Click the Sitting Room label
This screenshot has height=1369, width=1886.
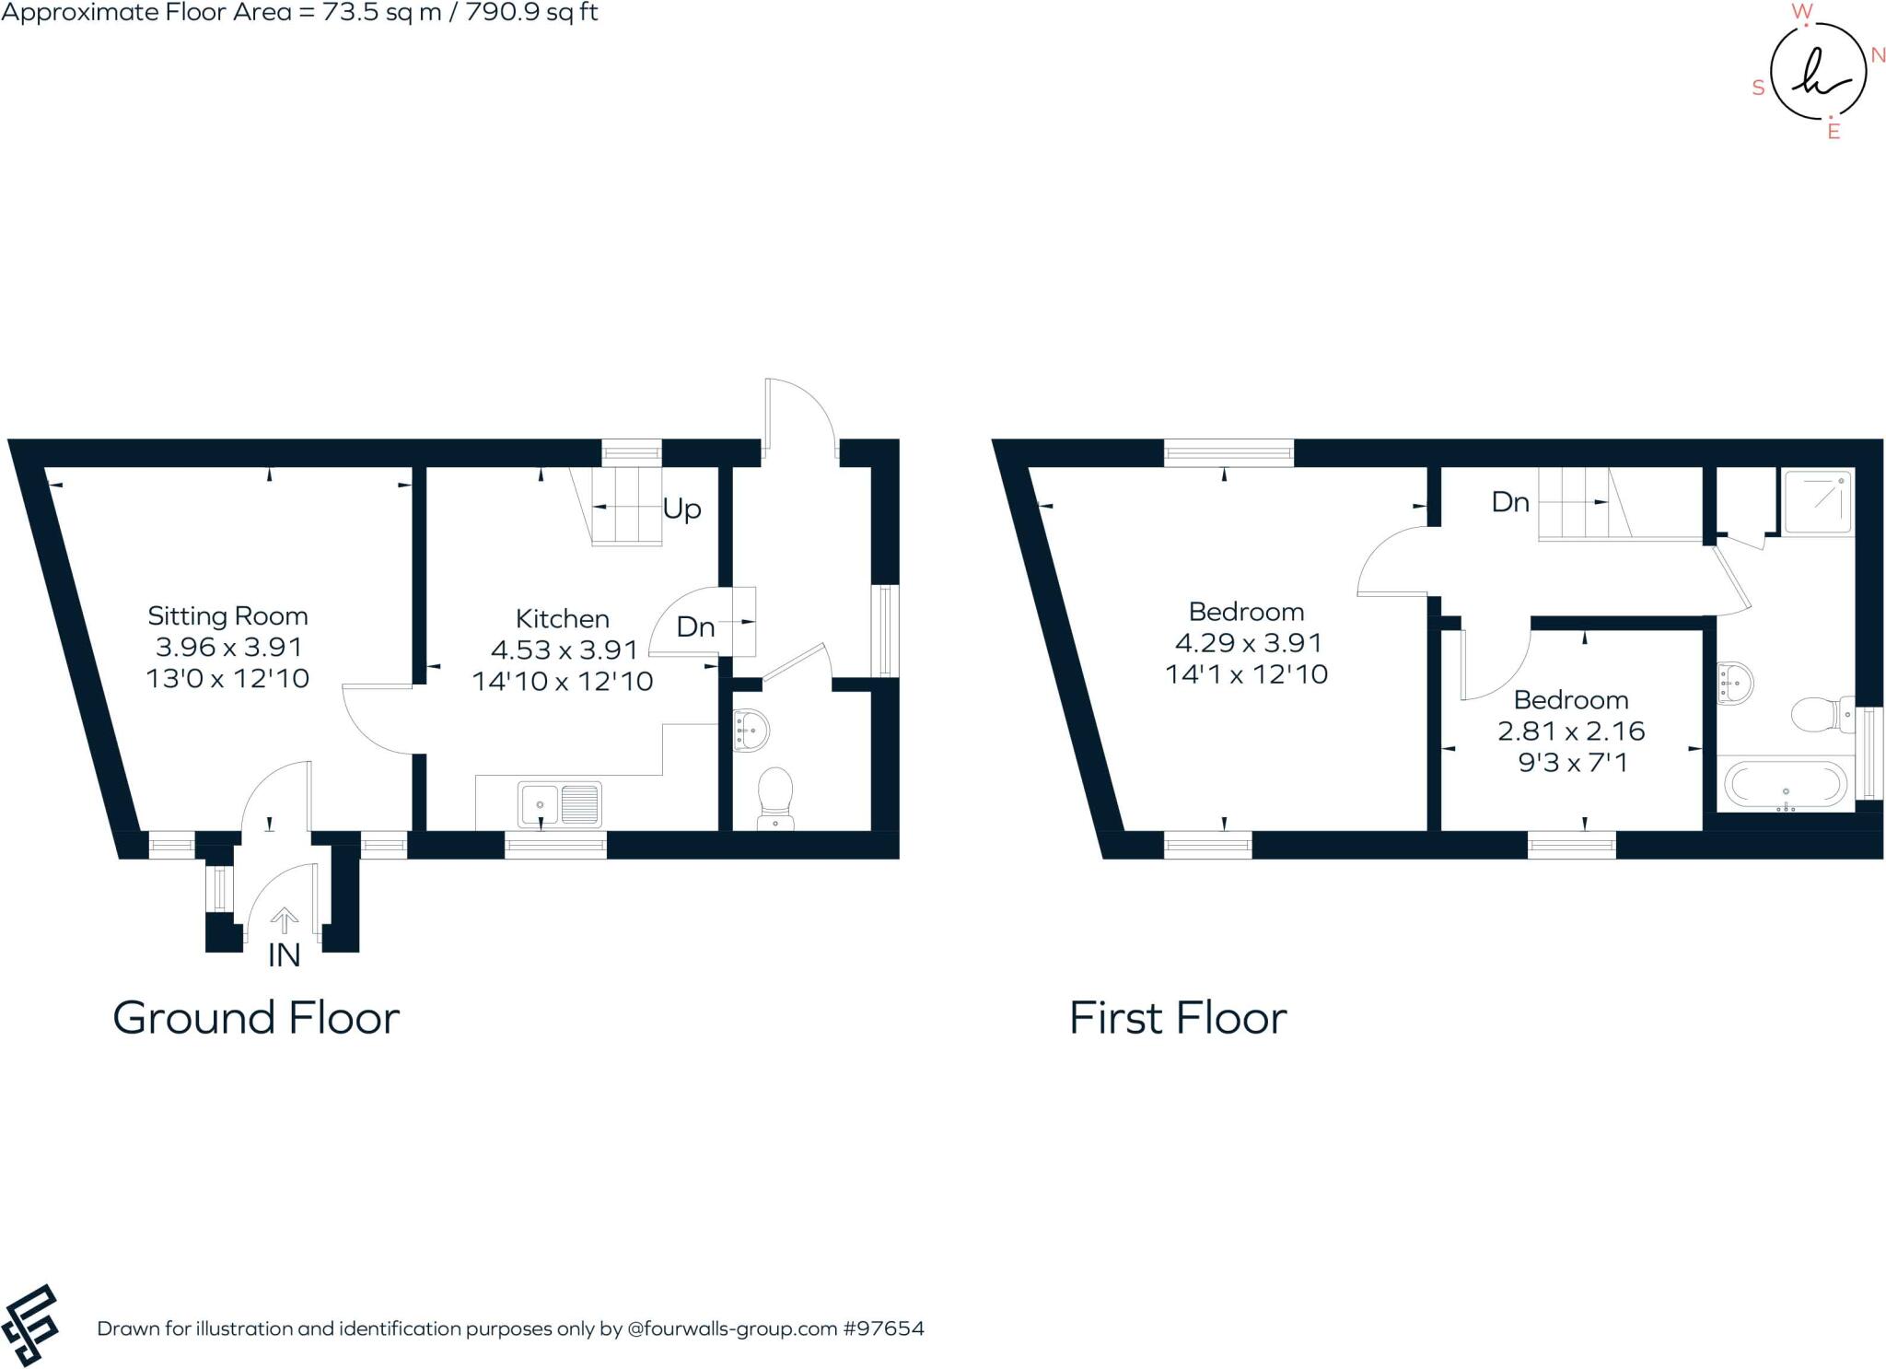(x=227, y=615)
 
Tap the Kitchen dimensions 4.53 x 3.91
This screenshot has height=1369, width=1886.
(x=564, y=650)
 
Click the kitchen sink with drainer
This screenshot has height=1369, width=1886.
(x=559, y=804)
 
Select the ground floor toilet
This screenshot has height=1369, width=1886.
(x=775, y=798)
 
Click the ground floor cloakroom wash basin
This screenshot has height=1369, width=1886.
(x=751, y=730)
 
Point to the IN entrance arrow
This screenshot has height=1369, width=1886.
(x=285, y=919)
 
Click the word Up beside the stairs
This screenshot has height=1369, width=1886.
(x=681, y=509)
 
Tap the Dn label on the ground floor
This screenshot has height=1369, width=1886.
(x=695, y=627)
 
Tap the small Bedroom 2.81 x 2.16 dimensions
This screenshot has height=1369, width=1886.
(x=1571, y=731)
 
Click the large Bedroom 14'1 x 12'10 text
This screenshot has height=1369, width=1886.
(x=1246, y=674)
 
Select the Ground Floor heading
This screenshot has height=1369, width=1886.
(x=256, y=1019)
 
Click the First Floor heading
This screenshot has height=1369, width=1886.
(x=1178, y=1019)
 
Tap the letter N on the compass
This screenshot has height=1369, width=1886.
(x=1878, y=55)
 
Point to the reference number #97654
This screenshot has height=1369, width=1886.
(x=883, y=1328)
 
